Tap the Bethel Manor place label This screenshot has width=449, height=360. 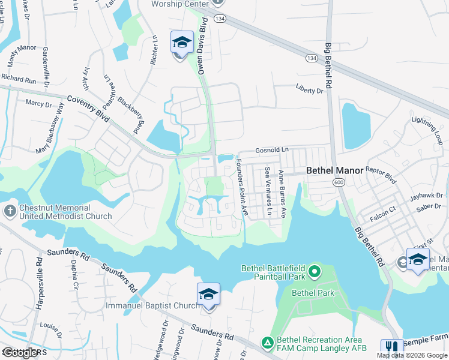click(334, 170)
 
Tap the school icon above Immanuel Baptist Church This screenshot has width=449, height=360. click(208, 295)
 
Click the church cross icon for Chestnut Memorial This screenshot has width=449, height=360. click(9, 211)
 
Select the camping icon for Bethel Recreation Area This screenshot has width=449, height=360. click(267, 342)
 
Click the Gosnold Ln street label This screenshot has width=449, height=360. click(272, 149)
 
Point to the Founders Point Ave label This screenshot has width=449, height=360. click(242, 187)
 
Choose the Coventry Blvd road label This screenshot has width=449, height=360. click(88, 109)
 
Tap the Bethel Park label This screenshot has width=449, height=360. click(313, 293)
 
